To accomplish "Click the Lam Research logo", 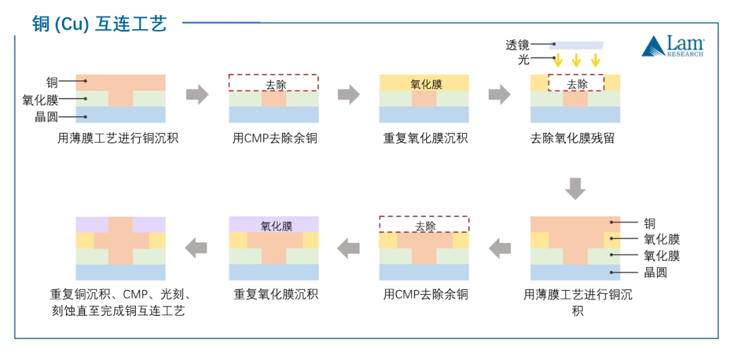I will (673, 47).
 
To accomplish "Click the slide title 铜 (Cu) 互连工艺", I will (99, 24).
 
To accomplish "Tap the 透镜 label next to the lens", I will (517, 46).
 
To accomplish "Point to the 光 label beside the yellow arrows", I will (523, 60).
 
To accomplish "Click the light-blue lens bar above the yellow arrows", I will (576, 46).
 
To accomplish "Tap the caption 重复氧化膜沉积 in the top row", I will (425, 139).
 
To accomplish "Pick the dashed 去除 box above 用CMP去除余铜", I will (273, 83).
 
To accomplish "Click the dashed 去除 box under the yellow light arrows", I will (576, 84).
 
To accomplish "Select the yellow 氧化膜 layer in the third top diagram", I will (425, 84).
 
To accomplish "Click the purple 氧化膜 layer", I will (273, 225).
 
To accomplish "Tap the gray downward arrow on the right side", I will (575, 188).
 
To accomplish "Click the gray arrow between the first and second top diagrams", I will (197, 95).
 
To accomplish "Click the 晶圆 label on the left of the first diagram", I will (46, 117).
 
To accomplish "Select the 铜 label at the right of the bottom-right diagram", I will (649, 223).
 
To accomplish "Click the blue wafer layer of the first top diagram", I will (120, 114).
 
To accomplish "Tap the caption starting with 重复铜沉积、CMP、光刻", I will (120, 302).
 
